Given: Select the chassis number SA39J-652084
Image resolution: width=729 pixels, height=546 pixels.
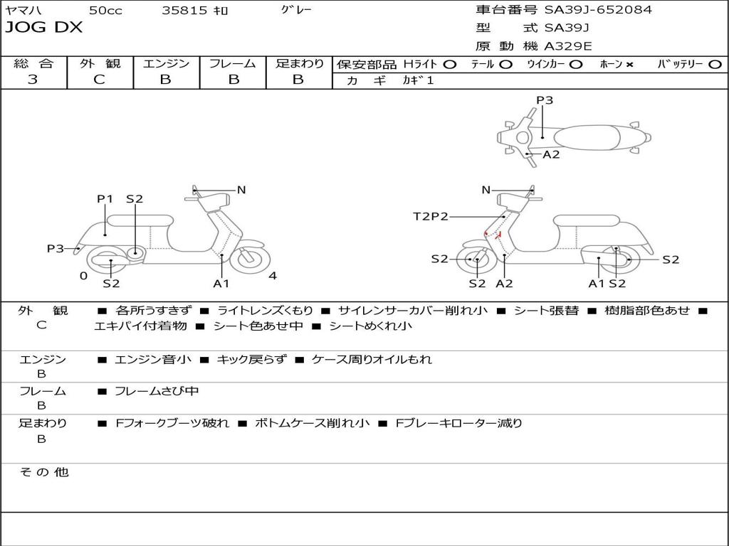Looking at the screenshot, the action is click(598, 10).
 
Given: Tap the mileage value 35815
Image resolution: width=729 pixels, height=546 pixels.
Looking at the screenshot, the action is click(184, 11).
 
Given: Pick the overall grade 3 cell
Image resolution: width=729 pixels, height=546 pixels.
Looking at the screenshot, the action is click(33, 80).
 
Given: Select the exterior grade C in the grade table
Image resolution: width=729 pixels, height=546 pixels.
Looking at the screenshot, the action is click(100, 80).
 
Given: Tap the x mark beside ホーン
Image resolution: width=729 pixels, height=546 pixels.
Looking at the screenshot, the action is click(629, 65).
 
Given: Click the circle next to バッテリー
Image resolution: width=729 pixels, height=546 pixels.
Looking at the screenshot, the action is click(715, 64).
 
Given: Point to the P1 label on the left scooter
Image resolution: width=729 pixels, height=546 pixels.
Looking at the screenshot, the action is click(105, 199).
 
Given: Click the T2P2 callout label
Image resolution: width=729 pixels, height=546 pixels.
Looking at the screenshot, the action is click(431, 216).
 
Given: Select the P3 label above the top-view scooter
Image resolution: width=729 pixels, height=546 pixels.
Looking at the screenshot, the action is click(545, 100).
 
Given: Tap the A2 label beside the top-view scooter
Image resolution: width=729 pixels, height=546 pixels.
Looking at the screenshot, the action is click(551, 154).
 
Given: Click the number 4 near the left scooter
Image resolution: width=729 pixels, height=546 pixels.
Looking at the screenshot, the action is click(273, 276).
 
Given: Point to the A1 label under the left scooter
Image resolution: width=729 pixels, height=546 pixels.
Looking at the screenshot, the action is click(221, 284).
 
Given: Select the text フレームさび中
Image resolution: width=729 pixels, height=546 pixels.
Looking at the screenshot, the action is click(157, 391).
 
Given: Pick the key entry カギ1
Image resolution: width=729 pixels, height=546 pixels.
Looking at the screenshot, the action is click(418, 80).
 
